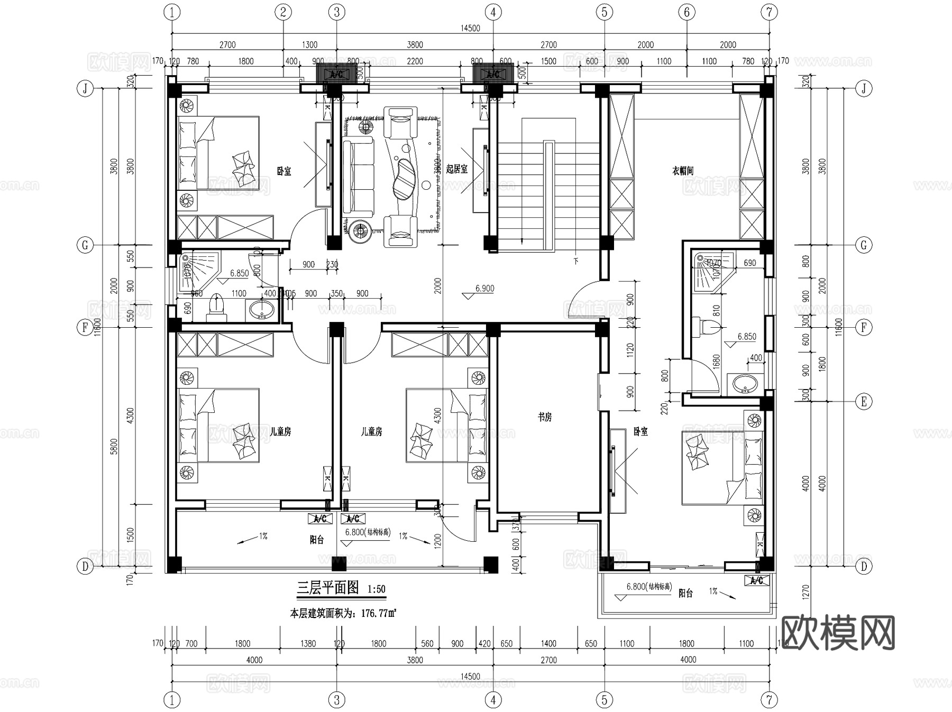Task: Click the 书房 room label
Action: (x=545, y=417)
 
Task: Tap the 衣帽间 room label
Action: (x=682, y=171)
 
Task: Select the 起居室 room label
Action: (x=456, y=169)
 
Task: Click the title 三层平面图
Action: (x=328, y=588)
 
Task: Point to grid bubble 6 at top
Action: (x=686, y=12)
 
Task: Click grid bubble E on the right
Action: (x=864, y=402)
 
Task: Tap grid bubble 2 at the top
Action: (x=283, y=12)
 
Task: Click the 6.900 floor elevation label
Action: (x=484, y=289)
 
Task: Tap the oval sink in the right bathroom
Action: (x=746, y=384)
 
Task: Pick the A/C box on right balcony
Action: (x=757, y=580)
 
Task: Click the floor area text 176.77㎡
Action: (x=379, y=614)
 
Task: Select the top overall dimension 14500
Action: (x=470, y=28)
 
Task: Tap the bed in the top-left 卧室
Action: (x=218, y=153)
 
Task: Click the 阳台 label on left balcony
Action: (x=317, y=540)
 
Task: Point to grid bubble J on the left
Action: (x=85, y=88)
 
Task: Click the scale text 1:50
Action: (x=376, y=589)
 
